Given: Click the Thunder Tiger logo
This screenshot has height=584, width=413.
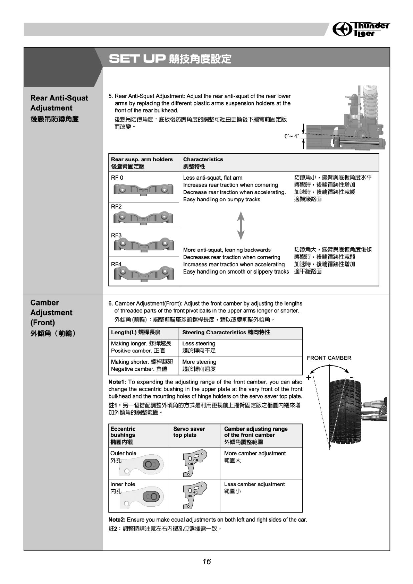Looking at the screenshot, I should (361, 29).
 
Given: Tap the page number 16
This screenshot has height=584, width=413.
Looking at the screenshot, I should (206, 561).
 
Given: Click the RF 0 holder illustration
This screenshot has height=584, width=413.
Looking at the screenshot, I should (143, 190).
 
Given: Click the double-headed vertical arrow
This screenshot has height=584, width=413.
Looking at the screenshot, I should (241, 226).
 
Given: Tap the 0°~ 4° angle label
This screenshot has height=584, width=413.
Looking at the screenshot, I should (291, 136).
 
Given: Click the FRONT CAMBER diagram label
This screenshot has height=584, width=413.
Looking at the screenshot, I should (329, 358).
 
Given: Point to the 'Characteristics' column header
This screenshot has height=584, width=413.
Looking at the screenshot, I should (203, 160).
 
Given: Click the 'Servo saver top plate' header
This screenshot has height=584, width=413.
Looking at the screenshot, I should (189, 432).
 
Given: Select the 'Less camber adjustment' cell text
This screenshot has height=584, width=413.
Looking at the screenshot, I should (254, 484).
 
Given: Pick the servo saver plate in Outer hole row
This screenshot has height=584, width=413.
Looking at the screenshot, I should (194, 463).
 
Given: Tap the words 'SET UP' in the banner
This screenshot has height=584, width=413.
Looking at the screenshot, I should (136, 59).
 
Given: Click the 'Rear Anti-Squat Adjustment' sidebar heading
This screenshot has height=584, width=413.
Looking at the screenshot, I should (59, 103).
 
